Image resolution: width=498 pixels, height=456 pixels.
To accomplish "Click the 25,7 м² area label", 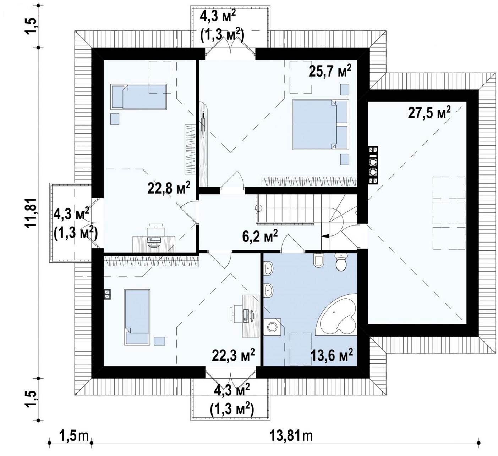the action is [330, 72].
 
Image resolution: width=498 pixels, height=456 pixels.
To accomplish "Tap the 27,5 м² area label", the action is [429, 113].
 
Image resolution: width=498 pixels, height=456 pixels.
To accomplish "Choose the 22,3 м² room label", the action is [233, 356].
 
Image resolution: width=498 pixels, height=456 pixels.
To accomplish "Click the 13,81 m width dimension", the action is [291, 436].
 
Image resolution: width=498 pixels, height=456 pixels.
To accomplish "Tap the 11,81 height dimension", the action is [32, 213].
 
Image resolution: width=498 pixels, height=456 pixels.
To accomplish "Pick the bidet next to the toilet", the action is [318, 260].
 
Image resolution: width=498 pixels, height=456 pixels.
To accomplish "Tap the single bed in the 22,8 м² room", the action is [139, 97].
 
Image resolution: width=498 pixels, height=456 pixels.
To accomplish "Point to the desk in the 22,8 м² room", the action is [154, 244].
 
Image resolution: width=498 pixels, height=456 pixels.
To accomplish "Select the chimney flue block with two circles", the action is [373, 165].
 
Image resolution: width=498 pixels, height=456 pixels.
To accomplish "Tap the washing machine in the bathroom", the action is [272, 327].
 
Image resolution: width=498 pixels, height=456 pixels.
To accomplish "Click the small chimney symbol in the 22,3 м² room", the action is [107, 295].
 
